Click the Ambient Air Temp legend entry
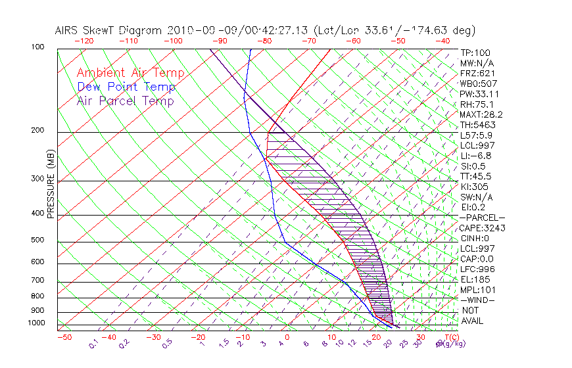pos(130,73)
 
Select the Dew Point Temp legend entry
pos(126,87)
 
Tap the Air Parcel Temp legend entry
pos(125,101)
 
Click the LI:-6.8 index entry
pos(476,156)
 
